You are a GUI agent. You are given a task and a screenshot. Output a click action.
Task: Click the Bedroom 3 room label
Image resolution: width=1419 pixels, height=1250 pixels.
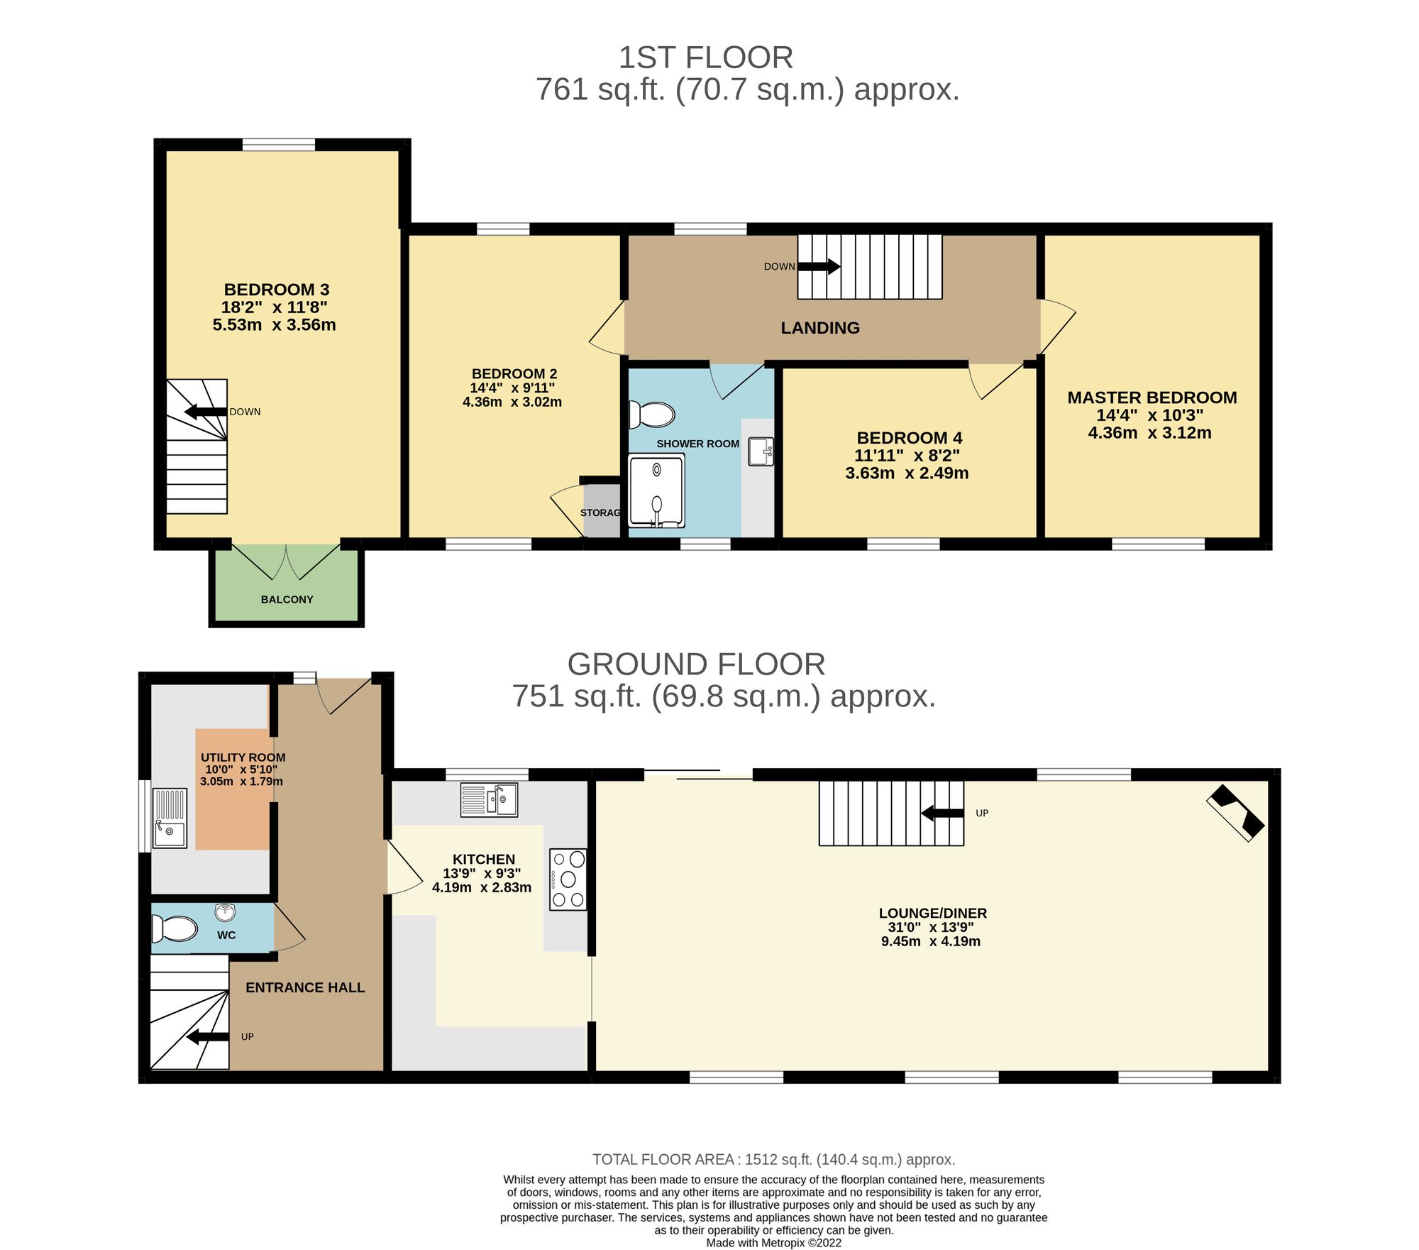click(276, 290)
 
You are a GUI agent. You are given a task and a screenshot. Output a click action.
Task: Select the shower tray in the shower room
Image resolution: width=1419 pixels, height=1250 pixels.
click(657, 491)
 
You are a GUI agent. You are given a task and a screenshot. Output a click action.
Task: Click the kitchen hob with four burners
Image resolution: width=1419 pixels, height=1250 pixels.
click(568, 879)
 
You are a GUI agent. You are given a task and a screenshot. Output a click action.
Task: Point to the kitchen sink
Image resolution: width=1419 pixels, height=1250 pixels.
click(489, 799)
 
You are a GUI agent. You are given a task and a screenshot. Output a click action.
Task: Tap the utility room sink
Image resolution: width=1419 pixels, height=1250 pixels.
click(170, 818)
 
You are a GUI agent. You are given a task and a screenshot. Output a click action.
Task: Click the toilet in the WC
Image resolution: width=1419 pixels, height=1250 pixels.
click(175, 928)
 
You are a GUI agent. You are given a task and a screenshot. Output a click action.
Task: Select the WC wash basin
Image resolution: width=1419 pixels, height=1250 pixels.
click(226, 911)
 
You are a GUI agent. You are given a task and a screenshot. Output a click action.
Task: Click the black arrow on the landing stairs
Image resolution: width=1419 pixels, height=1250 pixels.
click(819, 267)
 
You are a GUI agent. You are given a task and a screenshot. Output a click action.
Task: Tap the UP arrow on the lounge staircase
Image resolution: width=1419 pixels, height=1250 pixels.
click(942, 813)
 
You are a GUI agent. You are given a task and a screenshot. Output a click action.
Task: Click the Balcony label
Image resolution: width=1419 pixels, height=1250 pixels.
click(287, 599)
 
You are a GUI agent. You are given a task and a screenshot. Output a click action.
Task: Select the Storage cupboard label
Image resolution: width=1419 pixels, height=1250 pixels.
click(600, 512)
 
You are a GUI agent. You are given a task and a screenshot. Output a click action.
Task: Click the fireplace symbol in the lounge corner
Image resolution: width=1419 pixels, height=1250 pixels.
click(1235, 813)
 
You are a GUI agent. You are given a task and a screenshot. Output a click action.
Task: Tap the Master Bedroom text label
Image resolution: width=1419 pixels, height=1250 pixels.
click(1152, 398)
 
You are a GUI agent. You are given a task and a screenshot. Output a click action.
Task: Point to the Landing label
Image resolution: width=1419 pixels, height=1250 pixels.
click(820, 328)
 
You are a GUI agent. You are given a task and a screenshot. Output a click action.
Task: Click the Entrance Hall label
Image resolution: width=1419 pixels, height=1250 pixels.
click(305, 987)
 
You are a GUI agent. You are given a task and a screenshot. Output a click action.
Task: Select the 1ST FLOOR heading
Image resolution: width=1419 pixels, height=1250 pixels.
click(706, 57)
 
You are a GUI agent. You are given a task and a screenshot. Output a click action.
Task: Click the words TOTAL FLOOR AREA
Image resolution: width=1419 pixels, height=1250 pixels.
click(663, 1160)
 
